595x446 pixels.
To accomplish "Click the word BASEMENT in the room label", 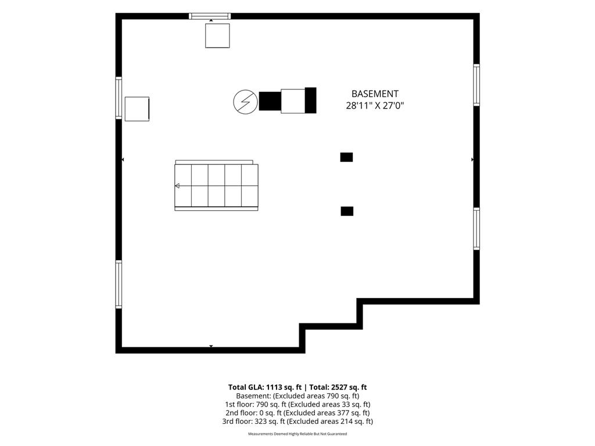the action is tap(375, 93).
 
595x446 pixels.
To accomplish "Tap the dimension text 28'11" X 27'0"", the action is tap(375, 106).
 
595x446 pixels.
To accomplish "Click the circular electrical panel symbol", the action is tap(246, 102).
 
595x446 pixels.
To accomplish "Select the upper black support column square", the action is tap(346, 157).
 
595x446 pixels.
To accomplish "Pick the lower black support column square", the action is tap(347, 211).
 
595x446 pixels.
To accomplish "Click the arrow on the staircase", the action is tap(177, 186).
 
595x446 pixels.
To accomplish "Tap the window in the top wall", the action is tap(210, 16).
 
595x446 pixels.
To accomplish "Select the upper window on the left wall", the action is tap(119, 98).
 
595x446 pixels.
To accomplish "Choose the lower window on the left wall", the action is tap(119, 284).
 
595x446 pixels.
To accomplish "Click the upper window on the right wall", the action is tap(476, 85).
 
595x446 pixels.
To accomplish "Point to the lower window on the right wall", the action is tap(476, 228).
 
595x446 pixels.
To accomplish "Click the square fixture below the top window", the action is tap(217, 35).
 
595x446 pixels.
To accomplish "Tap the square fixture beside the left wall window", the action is tap(137, 109).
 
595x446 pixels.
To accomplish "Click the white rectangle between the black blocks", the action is tap(293, 101).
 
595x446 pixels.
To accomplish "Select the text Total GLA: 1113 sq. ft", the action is tap(265, 387).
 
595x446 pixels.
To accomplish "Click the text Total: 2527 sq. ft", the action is tap(338, 387).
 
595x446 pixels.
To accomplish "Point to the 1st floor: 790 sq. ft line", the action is tap(297, 404).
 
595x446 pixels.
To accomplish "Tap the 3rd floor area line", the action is tap(297, 422).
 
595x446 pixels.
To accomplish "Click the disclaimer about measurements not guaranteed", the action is tap(297, 434).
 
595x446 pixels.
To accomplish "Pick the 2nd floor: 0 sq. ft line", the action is tap(297, 413).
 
